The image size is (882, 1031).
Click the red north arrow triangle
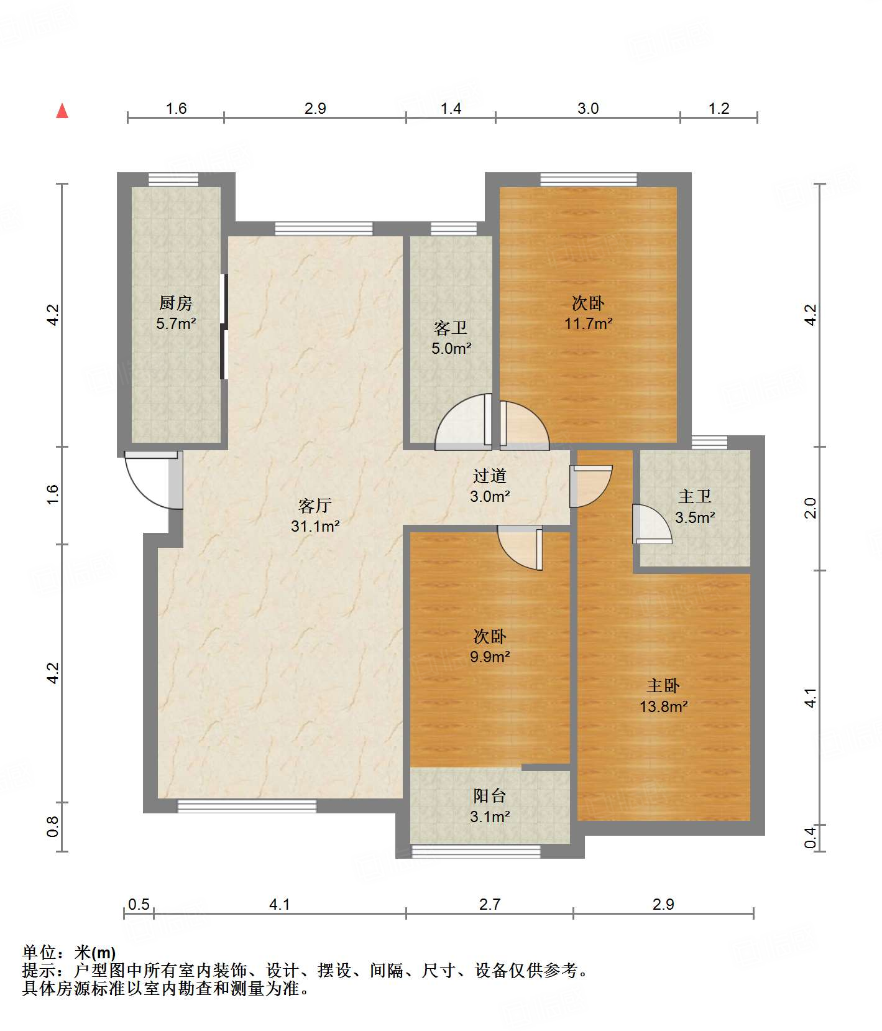click(x=62, y=111)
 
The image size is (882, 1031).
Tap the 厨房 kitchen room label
click(x=176, y=303)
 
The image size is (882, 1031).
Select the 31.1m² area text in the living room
click(x=315, y=526)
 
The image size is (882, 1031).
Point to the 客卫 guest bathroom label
click(x=451, y=328)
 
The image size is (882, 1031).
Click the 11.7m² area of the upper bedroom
click(x=588, y=323)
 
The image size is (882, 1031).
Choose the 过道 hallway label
click(x=490, y=476)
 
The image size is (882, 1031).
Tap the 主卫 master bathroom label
click(x=695, y=496)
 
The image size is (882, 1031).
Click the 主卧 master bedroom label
click(x=663, y=685)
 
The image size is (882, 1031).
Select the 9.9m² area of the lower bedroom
click(x=490, y=657)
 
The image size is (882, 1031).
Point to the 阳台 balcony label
click(x=490, y=795)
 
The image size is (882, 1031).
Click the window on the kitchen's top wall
click(x=173, y=180)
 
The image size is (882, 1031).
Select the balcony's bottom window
click(x=476, y=851)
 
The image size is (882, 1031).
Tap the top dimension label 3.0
click(x=588, y=108)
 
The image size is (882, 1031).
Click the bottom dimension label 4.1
click(x=280, y=904)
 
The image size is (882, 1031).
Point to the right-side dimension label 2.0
click(x=810, y=508)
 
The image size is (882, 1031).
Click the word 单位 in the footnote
click(x=40, y=952)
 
